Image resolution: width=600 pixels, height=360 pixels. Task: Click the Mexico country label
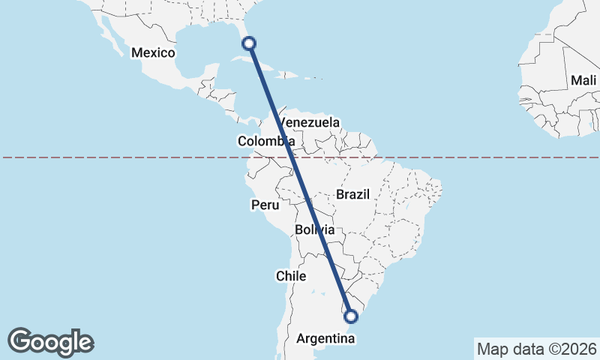tap(153, 53)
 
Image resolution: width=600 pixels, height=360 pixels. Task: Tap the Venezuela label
tap(309, 122)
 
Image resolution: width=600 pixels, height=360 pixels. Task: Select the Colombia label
tap(265, 141)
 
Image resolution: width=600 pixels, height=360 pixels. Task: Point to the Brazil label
tap(353, 194)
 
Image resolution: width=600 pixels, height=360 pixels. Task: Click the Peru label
tap(265, 205)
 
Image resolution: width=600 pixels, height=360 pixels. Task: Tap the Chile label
tap(291, 276)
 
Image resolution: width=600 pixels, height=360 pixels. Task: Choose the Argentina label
tap(325, 339)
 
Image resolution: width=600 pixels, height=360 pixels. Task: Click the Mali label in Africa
tap(583, 80)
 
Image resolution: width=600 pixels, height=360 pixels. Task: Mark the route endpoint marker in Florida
tap(249, 43)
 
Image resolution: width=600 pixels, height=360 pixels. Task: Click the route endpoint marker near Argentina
tap(350, 316)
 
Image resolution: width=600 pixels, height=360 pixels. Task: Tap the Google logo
tap(51, 342)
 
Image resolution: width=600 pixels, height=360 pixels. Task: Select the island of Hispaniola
tap(288, 74)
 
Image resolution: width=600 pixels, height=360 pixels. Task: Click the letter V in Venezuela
tap(283, 122)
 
